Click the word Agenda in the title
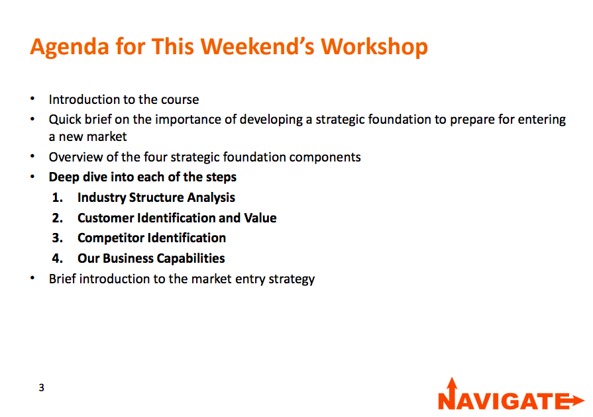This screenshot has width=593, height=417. tap(70, 48)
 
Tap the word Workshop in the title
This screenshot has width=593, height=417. tap(374, 47)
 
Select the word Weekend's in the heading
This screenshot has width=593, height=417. tap(258, 46)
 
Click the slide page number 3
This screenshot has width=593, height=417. tap(41, 387)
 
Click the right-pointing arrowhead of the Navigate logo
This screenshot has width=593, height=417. tap(578, 400)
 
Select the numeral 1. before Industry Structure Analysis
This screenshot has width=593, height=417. tap(58, 197)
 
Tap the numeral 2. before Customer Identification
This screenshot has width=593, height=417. tap(58, 218)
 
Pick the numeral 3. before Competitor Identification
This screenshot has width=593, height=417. tap(58, 238)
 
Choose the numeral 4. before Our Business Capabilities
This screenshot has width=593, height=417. tap(58, 258)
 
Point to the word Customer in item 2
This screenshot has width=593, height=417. tap(105, 218)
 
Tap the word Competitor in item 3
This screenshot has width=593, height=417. tap(111, 238)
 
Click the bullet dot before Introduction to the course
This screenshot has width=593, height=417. tap(32, 99)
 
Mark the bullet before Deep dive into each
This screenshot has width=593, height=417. tap(32, 176)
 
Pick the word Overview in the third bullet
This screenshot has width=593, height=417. tap(76, 157)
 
